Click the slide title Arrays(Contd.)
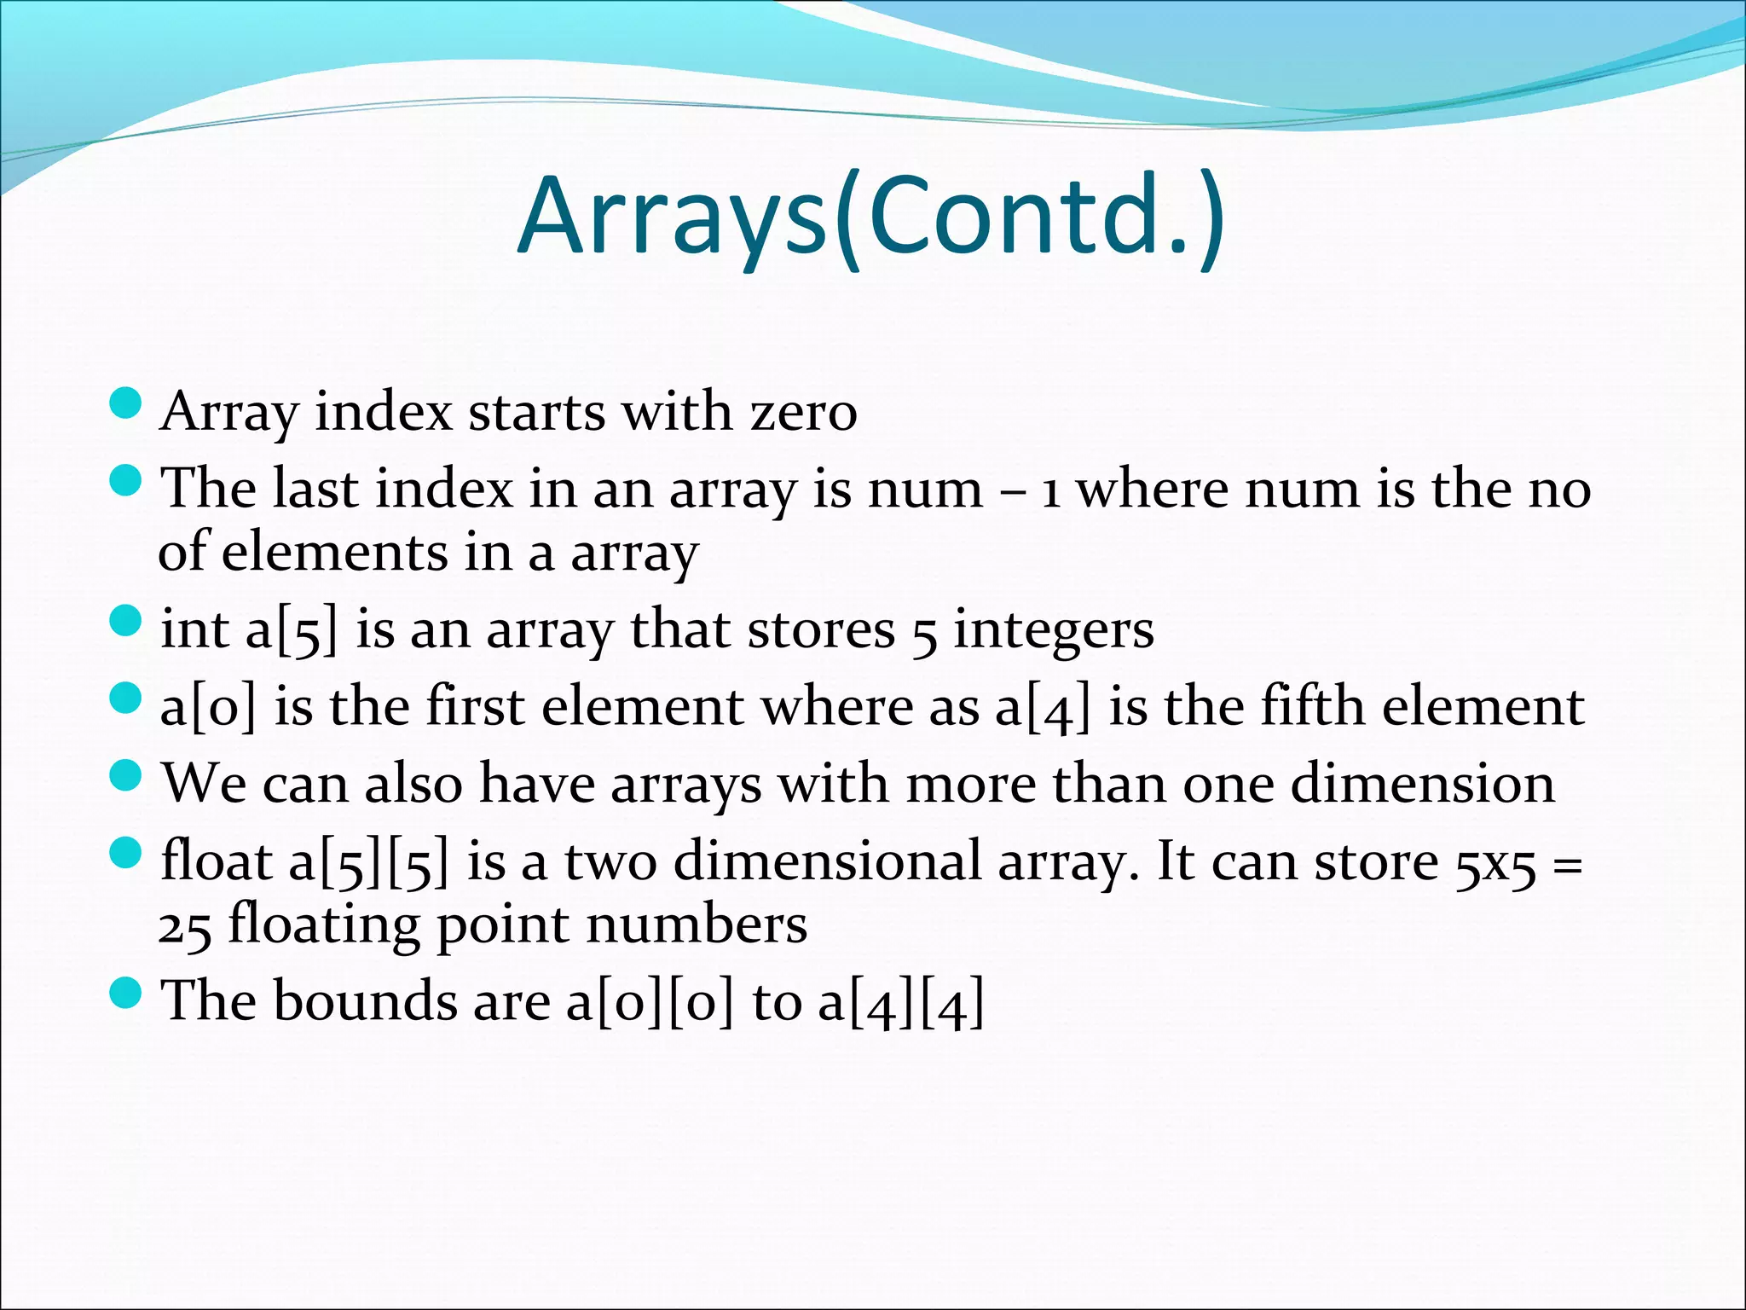(x=871, y=217)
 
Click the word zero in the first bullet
(x=803, y=412)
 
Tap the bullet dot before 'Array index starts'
(x=125, y=403)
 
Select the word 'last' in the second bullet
(x=315, y=490)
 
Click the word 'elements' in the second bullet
(x=334, y=553)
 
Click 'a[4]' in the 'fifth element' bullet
(x=1043, y=709)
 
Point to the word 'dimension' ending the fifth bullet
(x=1422, y=784)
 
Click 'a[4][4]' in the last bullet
(x=901, y=1003)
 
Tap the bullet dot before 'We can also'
(x=125, y=775)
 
